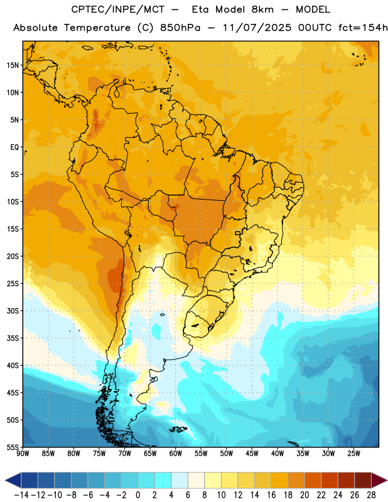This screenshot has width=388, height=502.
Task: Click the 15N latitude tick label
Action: click(x=13, y=65)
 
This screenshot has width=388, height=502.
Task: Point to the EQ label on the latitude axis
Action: click(x=14, y=147)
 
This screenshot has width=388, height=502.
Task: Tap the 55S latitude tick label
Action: click(x=13, y=447)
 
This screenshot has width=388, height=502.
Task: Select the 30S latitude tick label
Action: click(x=13, y=311)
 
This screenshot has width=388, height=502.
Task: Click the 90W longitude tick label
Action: click(x=23, y=454)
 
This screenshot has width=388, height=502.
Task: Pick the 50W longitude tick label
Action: click(x=226, y=454)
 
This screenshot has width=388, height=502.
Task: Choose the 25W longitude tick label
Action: click(x=353, y=454)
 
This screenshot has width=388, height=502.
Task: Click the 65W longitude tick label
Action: click(x=150, y=454)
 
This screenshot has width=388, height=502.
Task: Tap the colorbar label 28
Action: click(x=371, y=495)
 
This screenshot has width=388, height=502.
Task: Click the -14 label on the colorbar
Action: click(x=21, y=495)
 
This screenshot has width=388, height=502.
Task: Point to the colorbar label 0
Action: click(x=137, y=495)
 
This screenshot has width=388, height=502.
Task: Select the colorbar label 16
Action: click(x=271, y=495)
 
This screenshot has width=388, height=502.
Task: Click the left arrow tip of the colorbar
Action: click(x=5, y=481)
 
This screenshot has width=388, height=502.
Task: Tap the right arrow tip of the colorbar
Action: click(x=387, y=481)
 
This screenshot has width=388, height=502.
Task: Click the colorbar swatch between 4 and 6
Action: click(x=180, y=481)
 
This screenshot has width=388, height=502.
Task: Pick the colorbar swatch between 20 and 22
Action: click(x=313, y=481)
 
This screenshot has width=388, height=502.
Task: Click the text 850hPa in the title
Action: click(x=180, y=28)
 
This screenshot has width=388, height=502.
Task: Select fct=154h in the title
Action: click(x=363, y=28)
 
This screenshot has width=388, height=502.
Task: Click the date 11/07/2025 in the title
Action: click(x=257, y=28)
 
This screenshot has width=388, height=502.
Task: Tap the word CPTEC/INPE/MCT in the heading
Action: click(x=118, y=9)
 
